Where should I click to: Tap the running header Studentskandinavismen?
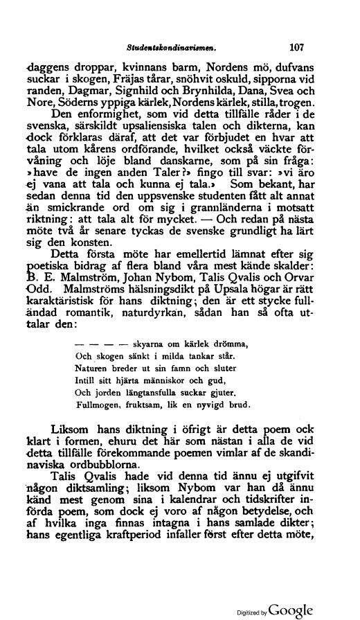pos(174,49)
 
